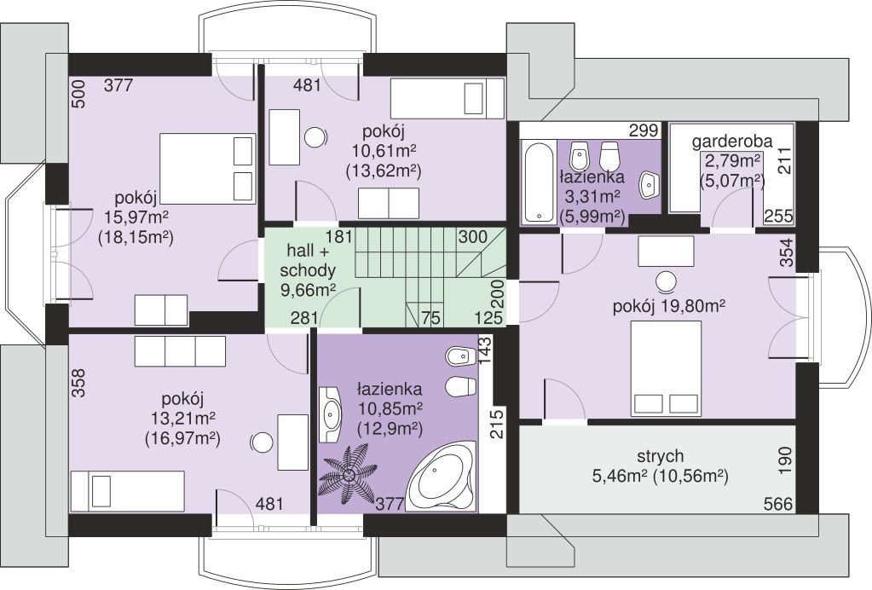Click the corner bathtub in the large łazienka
point(441,477)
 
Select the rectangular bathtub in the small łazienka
point(539,182)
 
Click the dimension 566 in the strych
point(777,504)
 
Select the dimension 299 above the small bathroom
point(644,130)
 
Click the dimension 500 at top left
point(78,94)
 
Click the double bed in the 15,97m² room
point(206,168)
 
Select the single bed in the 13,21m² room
point(127,491)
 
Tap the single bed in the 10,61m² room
point(448,99)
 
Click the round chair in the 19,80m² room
point(666,282)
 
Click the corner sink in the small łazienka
point(649,185)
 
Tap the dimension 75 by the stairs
point(430,318)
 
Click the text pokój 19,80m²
point(668,306)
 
